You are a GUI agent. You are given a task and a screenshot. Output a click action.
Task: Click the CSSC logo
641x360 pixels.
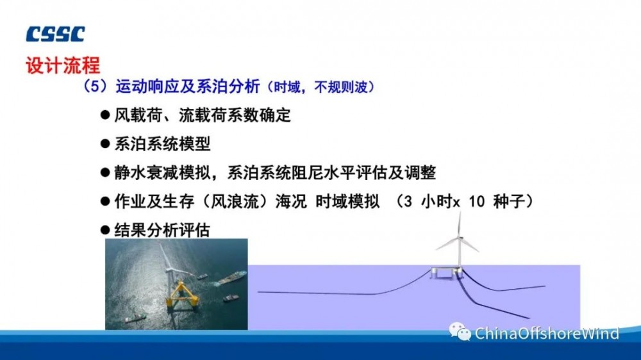click(56, 35)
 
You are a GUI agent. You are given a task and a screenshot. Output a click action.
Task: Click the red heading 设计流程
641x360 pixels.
click(63, 65)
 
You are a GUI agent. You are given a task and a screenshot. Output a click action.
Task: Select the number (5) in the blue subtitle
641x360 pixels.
click(96, 86)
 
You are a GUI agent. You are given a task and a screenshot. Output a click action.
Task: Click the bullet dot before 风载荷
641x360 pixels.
click(105, 115)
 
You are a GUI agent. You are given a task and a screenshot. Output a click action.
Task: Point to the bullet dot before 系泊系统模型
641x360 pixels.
click(105, 143)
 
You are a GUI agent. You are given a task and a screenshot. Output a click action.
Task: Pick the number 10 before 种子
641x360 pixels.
click(477, 201)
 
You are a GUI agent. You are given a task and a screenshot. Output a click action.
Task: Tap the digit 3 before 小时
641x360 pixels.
click(408, 201)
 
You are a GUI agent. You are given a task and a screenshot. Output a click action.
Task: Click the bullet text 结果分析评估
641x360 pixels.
click(162, 230)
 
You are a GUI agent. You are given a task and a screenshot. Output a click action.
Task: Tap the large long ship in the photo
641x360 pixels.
click(231, 277)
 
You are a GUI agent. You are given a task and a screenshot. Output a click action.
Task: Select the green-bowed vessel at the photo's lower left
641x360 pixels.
click(135, 318)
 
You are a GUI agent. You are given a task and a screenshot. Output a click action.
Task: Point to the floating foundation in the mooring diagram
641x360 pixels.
click(447, 272)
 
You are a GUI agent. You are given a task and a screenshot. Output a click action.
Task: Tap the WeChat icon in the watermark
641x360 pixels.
click(460, 331)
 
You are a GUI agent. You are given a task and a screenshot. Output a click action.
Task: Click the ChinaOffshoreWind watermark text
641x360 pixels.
click(547, 334)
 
